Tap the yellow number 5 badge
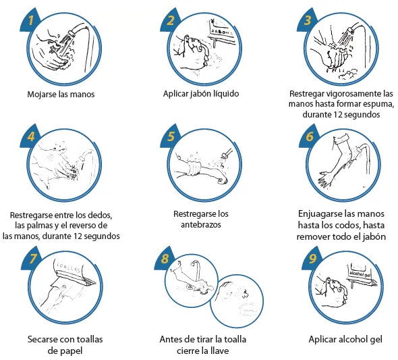(171, 136)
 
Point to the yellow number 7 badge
(32, 259)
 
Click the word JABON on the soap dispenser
(221, 32)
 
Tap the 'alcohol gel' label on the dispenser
(360, 274)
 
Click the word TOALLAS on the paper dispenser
(69, 267)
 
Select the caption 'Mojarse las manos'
(61, 95)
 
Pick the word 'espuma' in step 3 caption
(378, 104)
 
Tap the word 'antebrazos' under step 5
(201, 225)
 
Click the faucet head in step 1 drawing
(72, 33)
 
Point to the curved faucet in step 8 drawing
(197, 269)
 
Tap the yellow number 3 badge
(308, 20)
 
